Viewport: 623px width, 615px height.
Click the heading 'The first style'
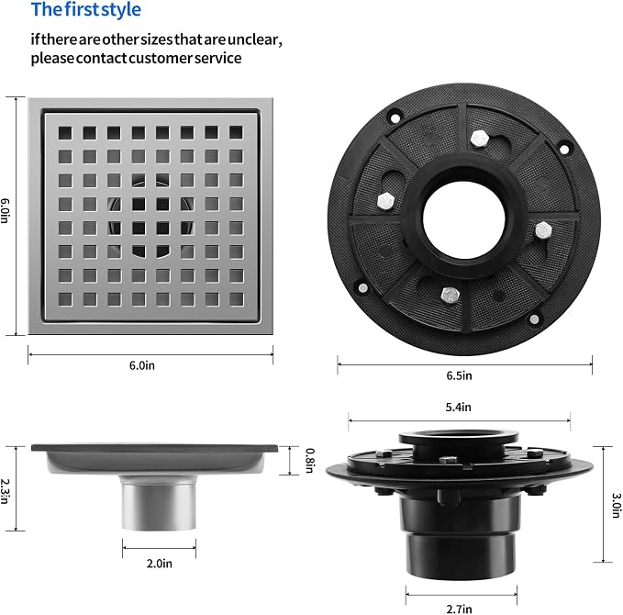[x=86, y=10]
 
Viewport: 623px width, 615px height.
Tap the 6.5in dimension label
[x=460, y=375]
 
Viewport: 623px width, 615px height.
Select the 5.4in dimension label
[x=458, y=407]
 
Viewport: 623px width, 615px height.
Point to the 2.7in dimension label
[x=460, y=609]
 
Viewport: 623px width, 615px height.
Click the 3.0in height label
[x=616, y=505]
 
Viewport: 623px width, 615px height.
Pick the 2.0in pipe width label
[x=160, y=564]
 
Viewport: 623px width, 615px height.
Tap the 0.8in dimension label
[x=310, y=461]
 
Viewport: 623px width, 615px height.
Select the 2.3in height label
[x=5, y=491]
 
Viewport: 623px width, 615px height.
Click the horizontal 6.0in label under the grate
[x=142, y=365]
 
